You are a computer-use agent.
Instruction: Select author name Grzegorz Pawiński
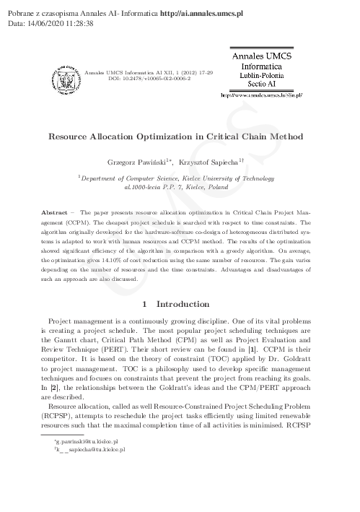tap(137, 164)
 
